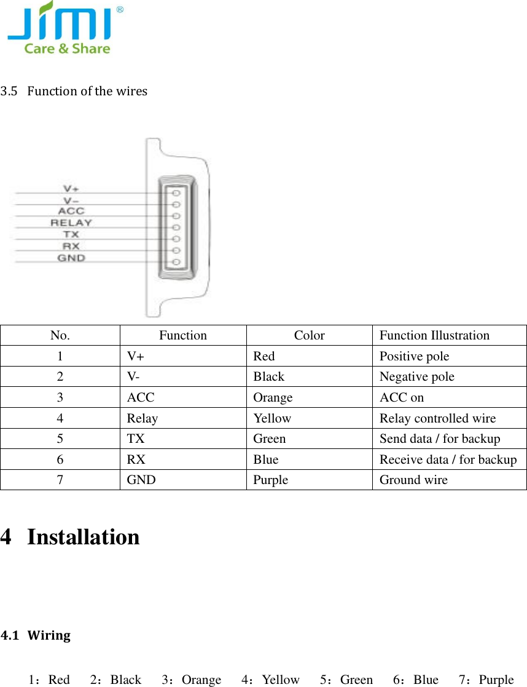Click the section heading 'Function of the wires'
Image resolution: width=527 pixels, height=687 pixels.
coord(87,91)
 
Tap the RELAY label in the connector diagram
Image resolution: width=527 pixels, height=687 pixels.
coord(71,223)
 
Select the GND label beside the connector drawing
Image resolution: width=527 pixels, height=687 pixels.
coord(71,258)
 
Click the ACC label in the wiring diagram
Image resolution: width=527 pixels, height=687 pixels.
coord(71,211)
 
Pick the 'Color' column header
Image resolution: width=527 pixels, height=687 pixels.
coord(309,335)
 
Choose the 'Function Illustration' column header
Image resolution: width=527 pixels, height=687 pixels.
coord(434,335)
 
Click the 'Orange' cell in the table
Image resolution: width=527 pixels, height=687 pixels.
coord(273,397)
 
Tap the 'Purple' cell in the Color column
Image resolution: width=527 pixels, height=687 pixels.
coord(270,480)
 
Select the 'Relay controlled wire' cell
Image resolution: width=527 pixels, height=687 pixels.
coord(437,418)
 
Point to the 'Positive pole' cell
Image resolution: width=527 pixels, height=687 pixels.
coord(414,356)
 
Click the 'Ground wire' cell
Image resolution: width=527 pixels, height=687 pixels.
coord(413,480)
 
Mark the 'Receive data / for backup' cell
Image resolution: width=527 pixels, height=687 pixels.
coord(448,459)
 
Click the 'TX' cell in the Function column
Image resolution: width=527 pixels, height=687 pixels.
coord(136,439)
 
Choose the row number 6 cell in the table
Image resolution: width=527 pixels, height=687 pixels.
coord(60,459)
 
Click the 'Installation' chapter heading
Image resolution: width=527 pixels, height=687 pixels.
coord(83,537)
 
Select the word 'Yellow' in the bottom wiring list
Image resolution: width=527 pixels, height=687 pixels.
coord(281,680)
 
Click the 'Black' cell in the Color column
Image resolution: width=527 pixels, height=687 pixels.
coord(268,376)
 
